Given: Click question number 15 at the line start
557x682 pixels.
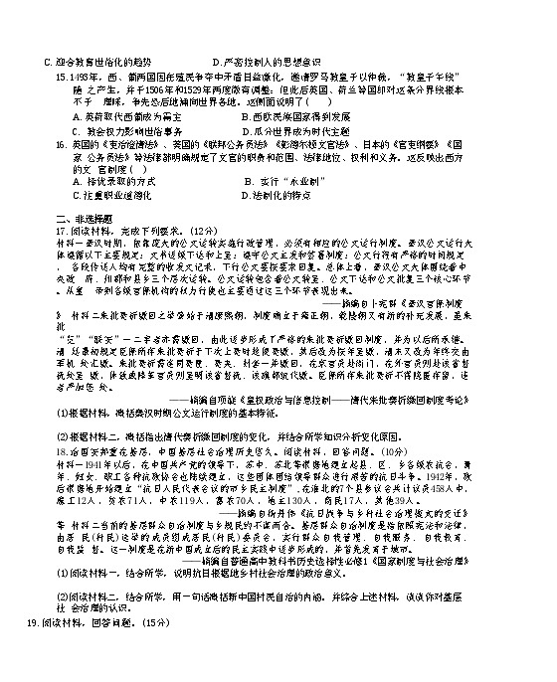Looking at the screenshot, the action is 62,75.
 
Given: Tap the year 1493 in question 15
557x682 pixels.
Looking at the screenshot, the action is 82,75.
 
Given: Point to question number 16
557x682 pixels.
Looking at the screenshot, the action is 62,142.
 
